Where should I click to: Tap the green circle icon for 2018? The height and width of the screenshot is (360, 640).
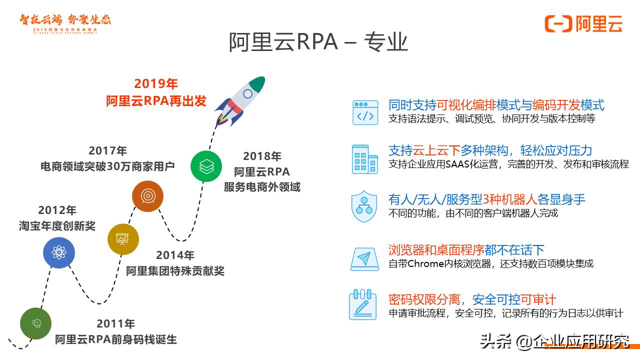click(x=206, y=166)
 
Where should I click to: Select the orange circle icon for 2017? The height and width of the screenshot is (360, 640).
click(x=148, y=196)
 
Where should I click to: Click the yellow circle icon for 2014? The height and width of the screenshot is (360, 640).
click(x=123, y=239)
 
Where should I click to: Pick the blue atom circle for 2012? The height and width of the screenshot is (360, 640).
click(x=59, y=252)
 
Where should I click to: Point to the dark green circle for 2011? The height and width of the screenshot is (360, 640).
click(x=36, y=323)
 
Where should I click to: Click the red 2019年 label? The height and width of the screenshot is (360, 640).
click(x=156, y=84)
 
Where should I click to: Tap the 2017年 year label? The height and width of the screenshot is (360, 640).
click(x=108, y=150)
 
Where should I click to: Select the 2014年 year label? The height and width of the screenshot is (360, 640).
click(x=175, y=255)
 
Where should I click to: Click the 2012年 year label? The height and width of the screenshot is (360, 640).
click(x=57, y=210)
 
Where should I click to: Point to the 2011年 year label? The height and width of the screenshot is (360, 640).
click(x=116, y=323)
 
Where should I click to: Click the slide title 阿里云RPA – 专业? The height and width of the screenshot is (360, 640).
click(x=318, y=42)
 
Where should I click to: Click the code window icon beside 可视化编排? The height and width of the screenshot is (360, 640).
click(x=365, y=112)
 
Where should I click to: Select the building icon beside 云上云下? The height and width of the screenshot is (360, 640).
click(x=365, y=159)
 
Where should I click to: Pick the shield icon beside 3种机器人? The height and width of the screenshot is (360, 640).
click(x=364, y=206)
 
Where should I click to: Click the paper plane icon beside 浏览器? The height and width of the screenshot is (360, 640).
click(x=364, y=258)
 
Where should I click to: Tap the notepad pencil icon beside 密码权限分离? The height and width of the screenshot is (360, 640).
click(x=362, y=304)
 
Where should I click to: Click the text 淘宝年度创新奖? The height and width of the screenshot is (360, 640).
click(x=57, y=225)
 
